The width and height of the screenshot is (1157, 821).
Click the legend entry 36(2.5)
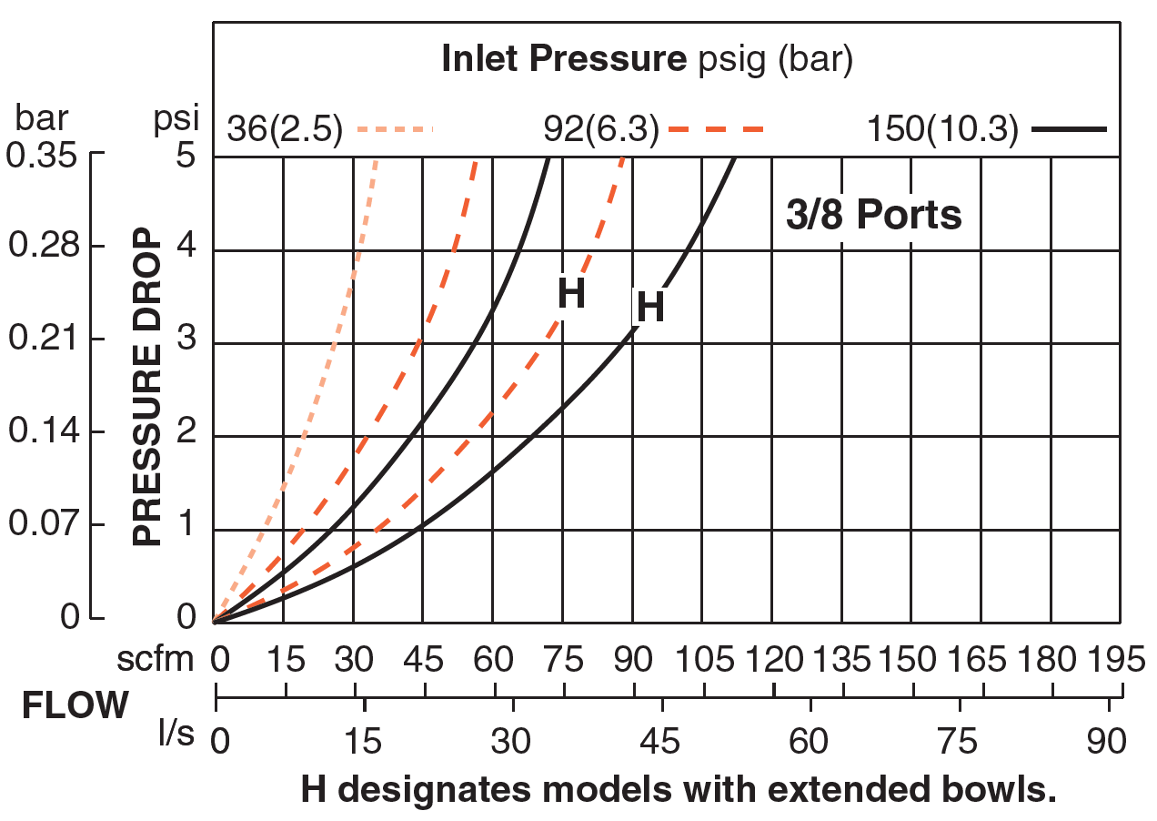[284, 130]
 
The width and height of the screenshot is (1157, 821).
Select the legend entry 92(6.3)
[599, 130]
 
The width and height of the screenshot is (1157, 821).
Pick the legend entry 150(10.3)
[941, 130]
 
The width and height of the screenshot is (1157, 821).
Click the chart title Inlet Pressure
[563, 60]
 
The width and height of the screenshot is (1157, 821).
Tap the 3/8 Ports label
[873, 216]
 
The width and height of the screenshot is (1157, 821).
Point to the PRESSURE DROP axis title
[147, 392]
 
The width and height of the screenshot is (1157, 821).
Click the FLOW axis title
[75, 706]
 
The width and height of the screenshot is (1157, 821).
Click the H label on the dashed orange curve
[571, 295]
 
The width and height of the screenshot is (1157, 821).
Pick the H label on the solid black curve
[649, 308]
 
